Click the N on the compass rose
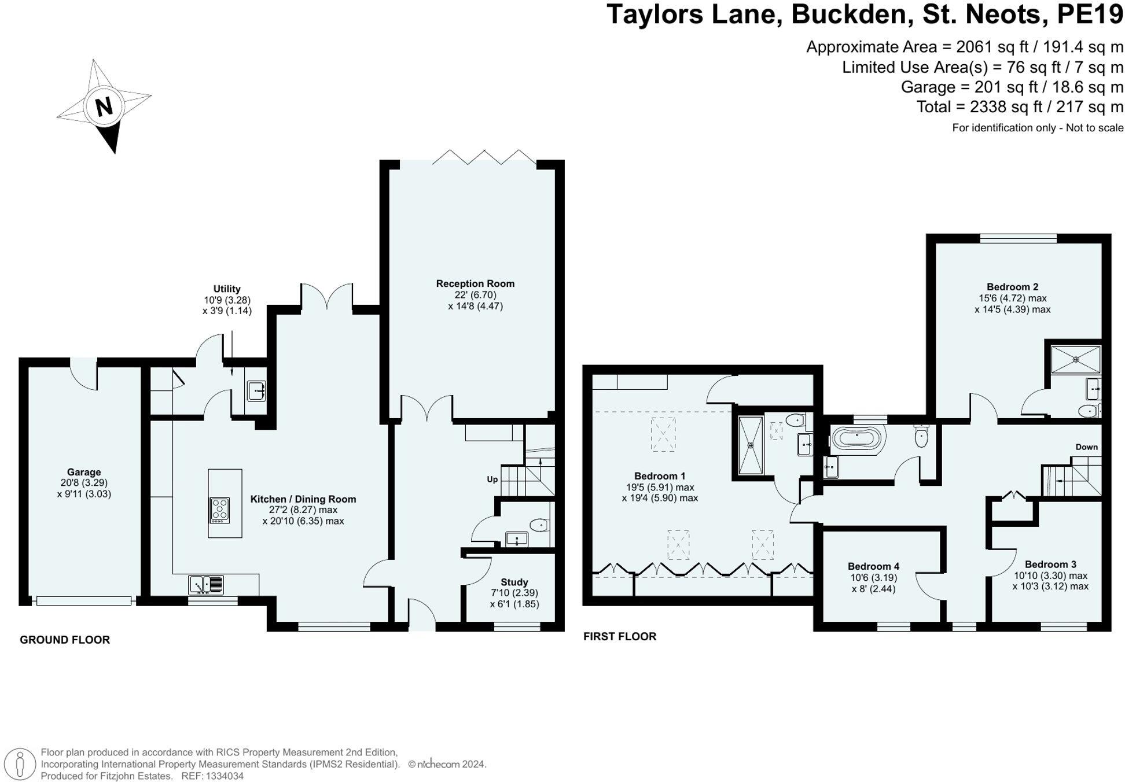pyautogui.click(x=104, y=106)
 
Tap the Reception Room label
pyautogui.click(x=475, y=283)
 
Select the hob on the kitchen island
pyautogui.click(x=220, y=510)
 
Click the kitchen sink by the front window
pyautogui.click(x=205, y=585)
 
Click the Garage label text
pyautogui.click(x=84, y=472)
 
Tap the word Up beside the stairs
pyautogui.click(x=492, y=479)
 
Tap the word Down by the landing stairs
pyautogui.click(x=1086, y=447)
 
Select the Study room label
pyautogui.click(x=514, y=582)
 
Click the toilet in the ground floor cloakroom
pyautogui.click(x=539, y=525)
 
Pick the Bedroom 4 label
pyautogui.click(x=873, y=566)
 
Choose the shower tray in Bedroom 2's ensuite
pyautogui.click(x=1075, y=359)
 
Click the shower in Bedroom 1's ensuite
pyautogui.click(x=751, y=445)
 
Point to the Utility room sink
pyautogui.click(x=256, y=390)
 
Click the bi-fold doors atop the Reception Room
pyautogui.click(x=484, y=157)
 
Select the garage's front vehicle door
pyautogui.click(x=84, y=601)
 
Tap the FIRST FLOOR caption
pyautogui.click(x=619, y=636)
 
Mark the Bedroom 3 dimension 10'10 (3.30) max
pyautogui.click(x=1050, y=576)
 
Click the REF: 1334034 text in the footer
pyautogui.click(x=212, y=776)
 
